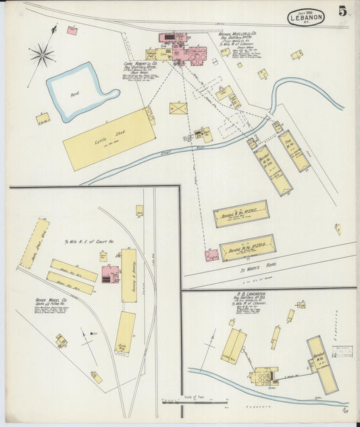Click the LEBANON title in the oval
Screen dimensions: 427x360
click(306, 18)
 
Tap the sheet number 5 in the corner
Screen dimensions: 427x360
click(343, 11)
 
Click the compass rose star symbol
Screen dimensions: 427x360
click(42, 54)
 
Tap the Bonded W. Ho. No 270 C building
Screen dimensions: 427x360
click(240, 214)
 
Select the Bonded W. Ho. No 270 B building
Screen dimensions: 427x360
click(247, 247)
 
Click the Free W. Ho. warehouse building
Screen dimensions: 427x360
click(294, 151)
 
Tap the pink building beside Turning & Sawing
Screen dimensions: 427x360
click(109, 274)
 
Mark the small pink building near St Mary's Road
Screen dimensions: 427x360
click(211, 255)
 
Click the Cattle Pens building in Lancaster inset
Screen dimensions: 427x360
click(233, 345)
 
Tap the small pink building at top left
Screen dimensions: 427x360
click(72, 30)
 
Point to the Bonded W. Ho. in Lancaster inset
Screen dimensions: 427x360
click(322, 364)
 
